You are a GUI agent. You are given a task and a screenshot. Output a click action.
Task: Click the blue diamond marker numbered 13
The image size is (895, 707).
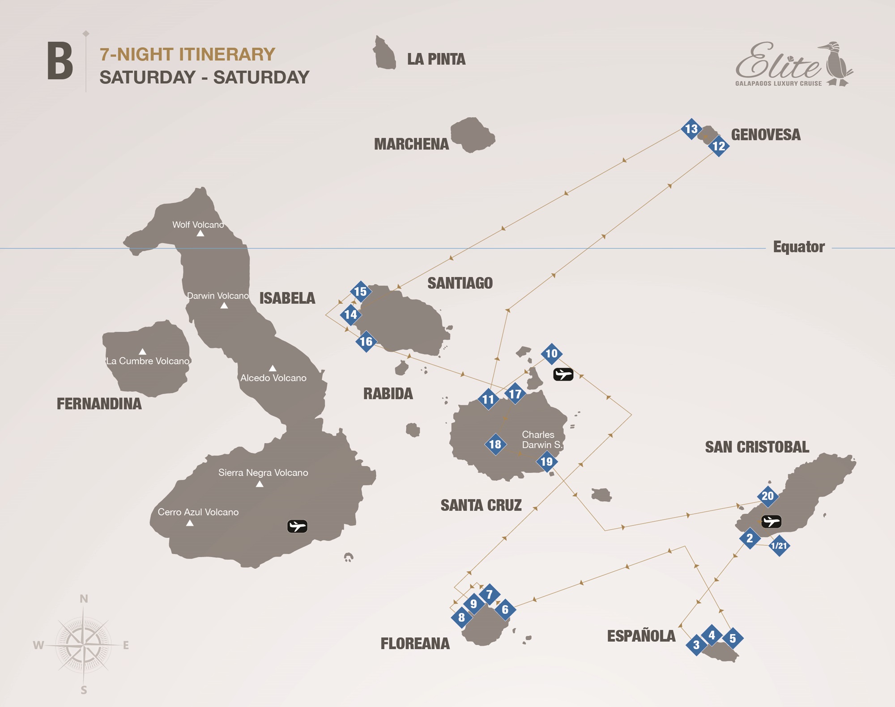click(691, 129)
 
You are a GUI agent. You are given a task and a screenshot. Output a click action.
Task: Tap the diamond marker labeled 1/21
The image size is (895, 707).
click(779, 546)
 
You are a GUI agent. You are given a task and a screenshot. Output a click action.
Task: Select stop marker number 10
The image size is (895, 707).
click(552, 354)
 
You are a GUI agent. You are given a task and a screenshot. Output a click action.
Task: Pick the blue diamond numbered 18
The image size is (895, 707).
click(495, 445)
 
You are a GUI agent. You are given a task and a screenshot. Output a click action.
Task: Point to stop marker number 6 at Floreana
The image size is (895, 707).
click(505, 609)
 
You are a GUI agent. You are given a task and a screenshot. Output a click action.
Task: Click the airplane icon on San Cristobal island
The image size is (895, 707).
click(771, 522)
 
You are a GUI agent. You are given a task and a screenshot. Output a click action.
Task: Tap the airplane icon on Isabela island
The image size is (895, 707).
click(297, 526)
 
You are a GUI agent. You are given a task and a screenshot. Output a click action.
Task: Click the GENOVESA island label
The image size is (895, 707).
click(766, 135)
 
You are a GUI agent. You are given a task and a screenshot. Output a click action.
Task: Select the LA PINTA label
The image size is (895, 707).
click(436, 59)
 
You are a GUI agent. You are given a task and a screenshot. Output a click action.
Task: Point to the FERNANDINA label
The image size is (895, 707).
click(99, 404)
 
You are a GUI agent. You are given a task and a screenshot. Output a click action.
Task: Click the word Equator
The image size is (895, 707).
click(799, 247)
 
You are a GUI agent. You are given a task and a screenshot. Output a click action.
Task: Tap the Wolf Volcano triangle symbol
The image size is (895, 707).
click(200, 233)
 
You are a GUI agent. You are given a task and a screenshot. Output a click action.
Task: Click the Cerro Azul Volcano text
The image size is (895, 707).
click(198, 512)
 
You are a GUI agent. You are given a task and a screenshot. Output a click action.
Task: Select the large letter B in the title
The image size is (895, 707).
click(60, 61)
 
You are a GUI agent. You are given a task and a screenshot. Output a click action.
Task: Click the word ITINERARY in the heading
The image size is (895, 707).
click(227, 55)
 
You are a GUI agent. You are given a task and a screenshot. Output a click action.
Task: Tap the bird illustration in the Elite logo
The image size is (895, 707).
click(836, 64)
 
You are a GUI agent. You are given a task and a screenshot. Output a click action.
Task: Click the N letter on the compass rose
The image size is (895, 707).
click(84, 599)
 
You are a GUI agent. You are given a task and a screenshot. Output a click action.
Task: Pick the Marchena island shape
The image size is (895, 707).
click(473, 134)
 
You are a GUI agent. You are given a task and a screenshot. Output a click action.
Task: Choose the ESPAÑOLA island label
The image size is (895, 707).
click(641, 636)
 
